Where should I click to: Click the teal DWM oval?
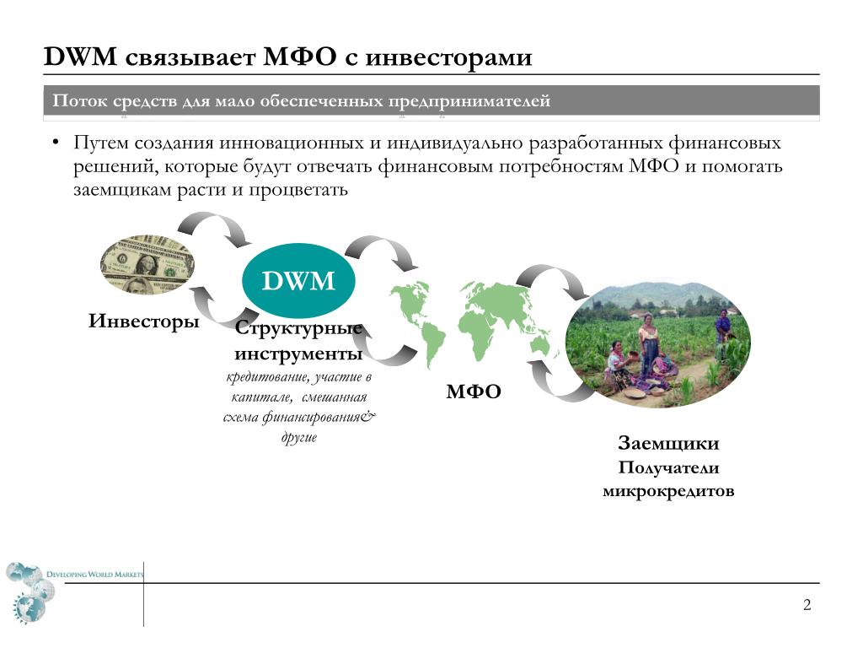[x=298, y=280]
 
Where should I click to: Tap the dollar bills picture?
[x=147, y=264]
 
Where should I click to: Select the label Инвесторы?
[x=143, y=321]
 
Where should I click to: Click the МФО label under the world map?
[x=474, y=391]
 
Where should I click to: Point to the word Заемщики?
[x=668, y=444]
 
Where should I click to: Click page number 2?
[x=807, y=605]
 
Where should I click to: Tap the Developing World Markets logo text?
[x=94, y=574]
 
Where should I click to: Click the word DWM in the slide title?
[x=80, y=57]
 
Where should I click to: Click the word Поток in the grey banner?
[x=79, y=101]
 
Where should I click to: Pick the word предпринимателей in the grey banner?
[x=469, y=102]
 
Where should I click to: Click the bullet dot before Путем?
[x=56, y=143]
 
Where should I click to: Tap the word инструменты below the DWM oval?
[x=298, y=354]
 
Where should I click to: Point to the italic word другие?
[x=299, y=438]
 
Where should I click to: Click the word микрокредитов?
[x=668, y=491]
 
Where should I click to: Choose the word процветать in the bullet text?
[x=298, y=191]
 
